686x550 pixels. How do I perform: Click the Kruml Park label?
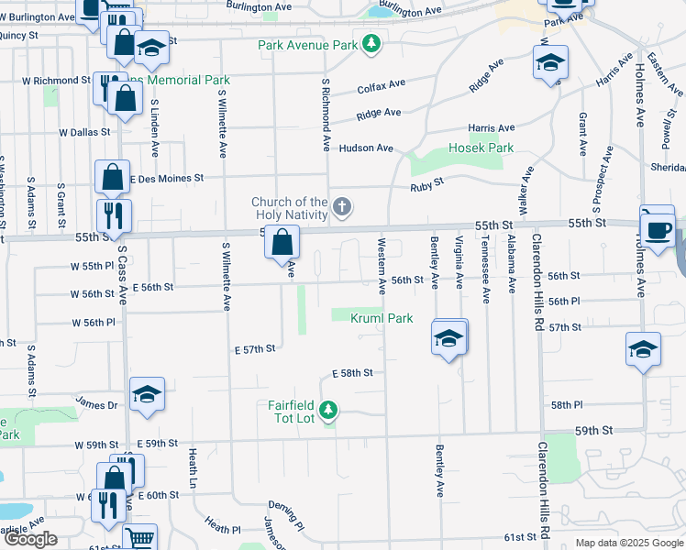click(382, 318)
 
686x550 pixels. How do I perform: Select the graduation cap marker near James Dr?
click(147, 394)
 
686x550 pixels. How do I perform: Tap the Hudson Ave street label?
click(366, 148)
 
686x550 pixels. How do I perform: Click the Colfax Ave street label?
click(381, 85)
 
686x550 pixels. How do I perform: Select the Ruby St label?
click(426, 182)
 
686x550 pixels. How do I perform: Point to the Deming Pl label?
click(287, 506)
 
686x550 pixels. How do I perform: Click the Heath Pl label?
click(223, 528)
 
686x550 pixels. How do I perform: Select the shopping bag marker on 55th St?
click(282, 243)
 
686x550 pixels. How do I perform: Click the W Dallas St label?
click(84, 132)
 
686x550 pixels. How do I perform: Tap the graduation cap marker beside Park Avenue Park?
click(151, 48)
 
